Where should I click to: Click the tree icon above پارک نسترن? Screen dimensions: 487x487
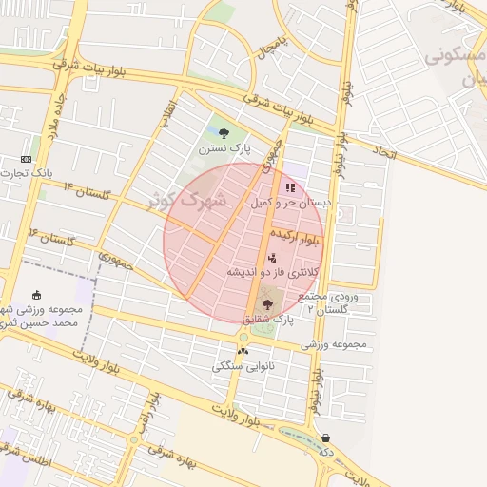pyautogui.click(x=224, y=134)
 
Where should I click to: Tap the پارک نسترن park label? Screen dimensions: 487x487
pyautogui.click(x=224, y=149)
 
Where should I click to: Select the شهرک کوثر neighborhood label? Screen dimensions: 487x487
pyautogui.click(x=190, y=200)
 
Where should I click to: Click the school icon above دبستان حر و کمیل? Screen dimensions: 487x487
pyautogui.click(x=290, y=188)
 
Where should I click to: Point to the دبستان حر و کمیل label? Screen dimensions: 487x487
pyautogui.click(x=290, y=203)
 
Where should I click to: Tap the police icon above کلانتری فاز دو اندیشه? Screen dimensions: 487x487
pyautogui.click(x=273, y=258)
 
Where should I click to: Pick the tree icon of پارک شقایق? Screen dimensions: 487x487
pyautogui.click(x=266, y=305)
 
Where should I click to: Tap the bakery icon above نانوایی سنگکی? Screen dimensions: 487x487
pyautogui.click(x=243, y=351)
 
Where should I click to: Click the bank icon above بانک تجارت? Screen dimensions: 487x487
pyautogui.click(x=26, y=159)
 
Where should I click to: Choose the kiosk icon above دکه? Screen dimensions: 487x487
pyautogui.click(x=327, y=438)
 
